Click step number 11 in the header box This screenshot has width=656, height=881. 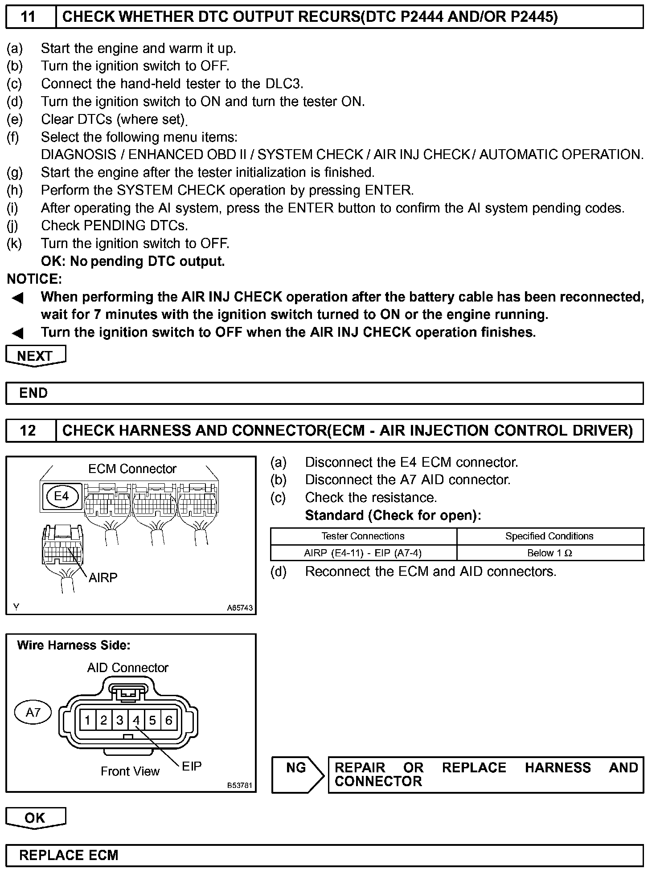[x=28, y=17]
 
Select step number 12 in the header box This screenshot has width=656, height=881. [x=28, y=430]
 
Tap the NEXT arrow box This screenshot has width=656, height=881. [x=35, y=356]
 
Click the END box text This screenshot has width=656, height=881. [x=33, y=393]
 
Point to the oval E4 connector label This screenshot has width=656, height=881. [x=61, y=496]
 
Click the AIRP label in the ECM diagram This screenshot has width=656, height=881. [x=103, y=578]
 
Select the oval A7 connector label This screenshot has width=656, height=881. [x=33, y=712]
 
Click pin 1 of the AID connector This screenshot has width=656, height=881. [x=88, y=720]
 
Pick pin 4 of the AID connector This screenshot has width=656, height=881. [x=136, y=720]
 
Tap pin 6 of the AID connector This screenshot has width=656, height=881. [x=168, y=720]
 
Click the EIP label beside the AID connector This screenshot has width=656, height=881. [x=192, y=766]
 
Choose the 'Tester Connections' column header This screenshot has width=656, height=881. [x=363, y=536]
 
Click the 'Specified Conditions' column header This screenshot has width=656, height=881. [x=549, y=536]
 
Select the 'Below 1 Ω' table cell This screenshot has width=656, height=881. [x=549, y=553]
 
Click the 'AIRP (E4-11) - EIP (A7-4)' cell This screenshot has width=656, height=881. [x=363, y=553]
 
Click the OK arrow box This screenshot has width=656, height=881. [x=35, y=818]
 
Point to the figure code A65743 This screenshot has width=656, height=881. [x=240, y=608]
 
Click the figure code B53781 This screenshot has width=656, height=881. [x=240, y=785]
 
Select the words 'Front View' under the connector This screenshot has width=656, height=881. [x=130, y=771]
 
